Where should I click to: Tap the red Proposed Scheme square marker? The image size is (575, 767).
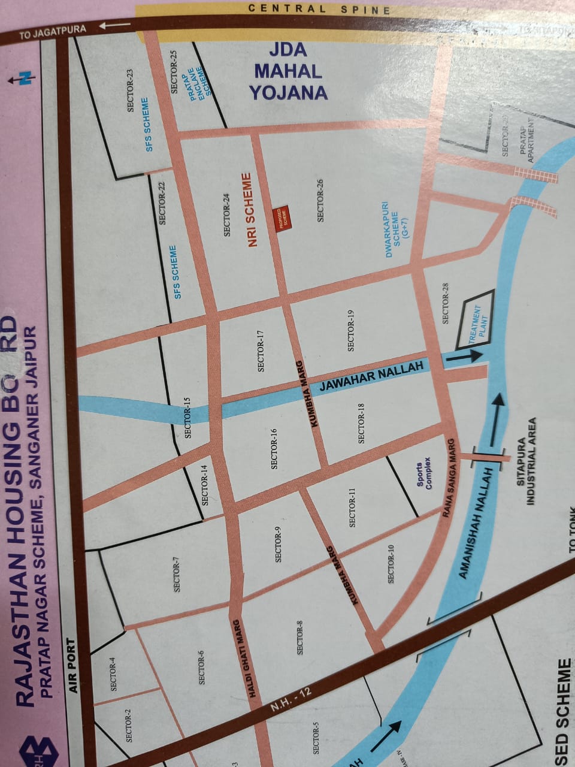point(280,216)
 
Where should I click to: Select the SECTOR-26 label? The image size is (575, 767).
point(320,200)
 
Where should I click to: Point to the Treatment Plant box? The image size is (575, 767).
point(475,319)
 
